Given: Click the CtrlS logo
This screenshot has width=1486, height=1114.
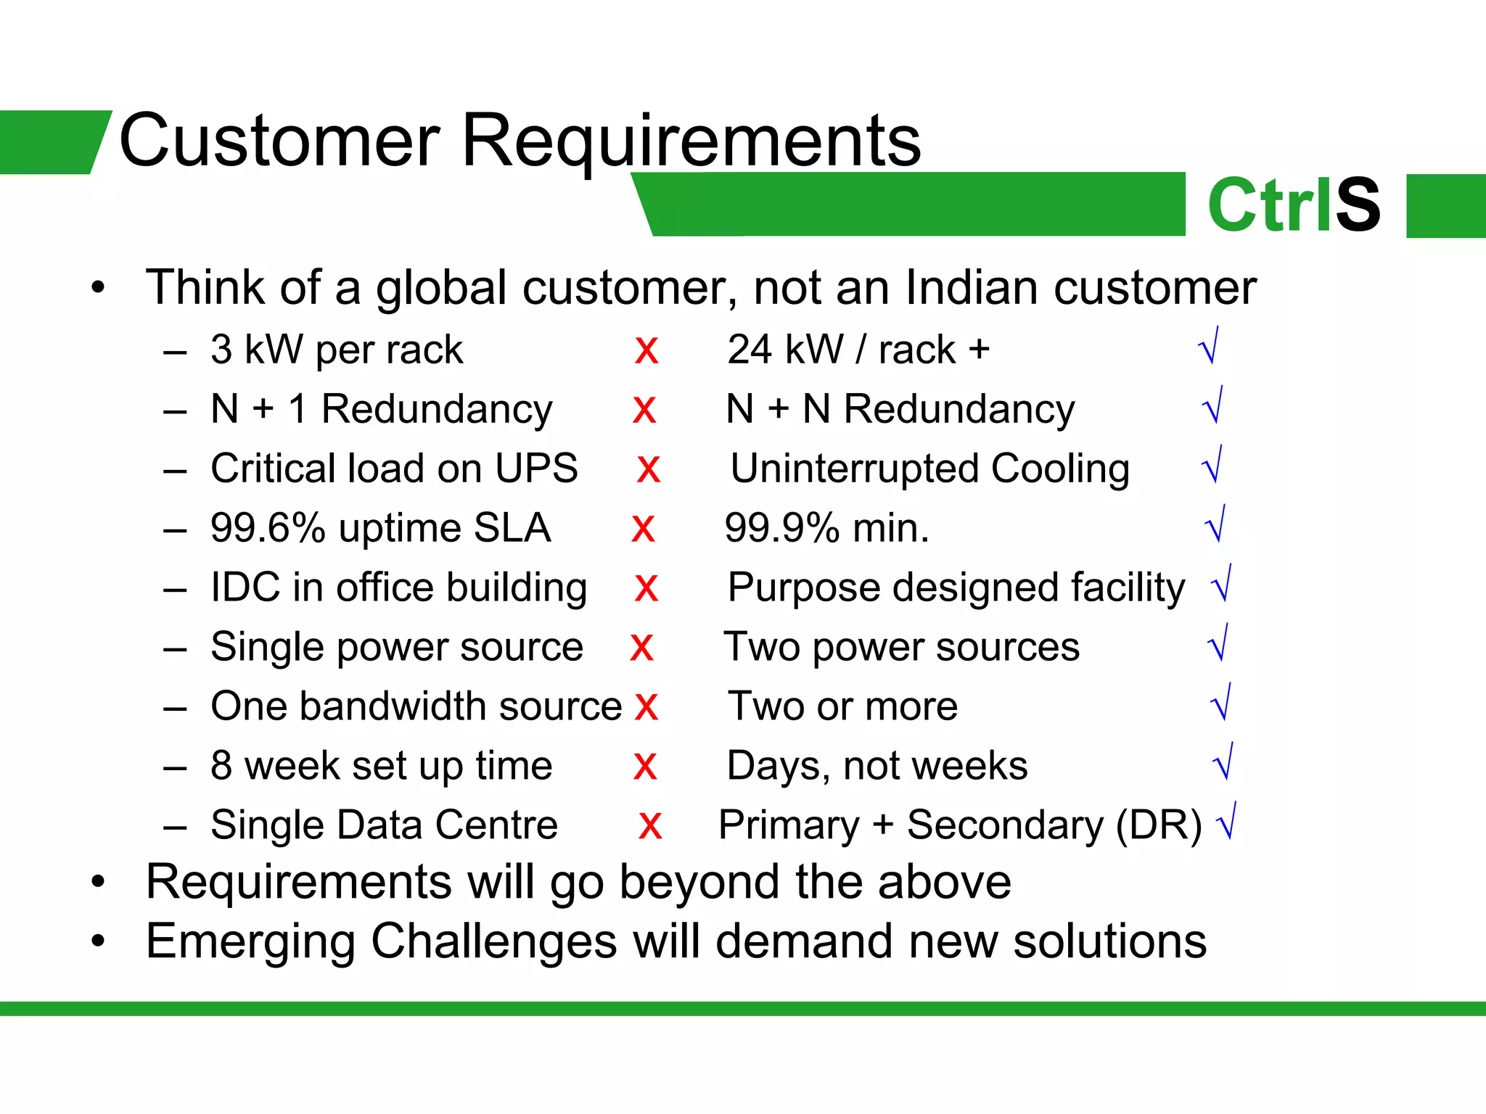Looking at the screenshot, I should coord(1294,205).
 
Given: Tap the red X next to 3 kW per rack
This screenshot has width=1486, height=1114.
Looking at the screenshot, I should coord(646,350).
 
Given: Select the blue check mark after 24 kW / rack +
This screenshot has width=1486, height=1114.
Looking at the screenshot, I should coord(1209,347).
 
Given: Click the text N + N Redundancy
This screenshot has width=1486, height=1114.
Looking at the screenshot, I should coord(900,409).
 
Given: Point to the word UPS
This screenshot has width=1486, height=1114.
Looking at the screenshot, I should coord(536,469).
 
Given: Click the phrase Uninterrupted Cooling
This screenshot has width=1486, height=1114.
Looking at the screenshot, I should coord(930,469).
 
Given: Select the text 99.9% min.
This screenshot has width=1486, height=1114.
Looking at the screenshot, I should coord(827,528).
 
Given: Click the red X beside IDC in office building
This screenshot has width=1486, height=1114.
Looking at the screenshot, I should coord(646,588).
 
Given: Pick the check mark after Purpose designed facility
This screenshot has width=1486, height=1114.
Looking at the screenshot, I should coord(1222,584).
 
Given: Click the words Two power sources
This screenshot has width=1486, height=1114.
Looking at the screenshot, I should coord(902,647).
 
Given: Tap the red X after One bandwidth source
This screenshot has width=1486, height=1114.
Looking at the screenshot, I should coord(646,707).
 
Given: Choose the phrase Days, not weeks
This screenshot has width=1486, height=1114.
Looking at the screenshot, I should coord(877,766).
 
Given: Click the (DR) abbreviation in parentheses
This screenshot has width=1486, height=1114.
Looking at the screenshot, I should coord(1159,825).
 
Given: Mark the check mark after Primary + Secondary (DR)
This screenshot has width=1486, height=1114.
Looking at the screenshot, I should coord(1227,822).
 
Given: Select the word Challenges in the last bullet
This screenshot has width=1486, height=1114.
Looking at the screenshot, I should coord(495,942).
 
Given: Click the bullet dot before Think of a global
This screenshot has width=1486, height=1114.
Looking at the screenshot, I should coord(98,288).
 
